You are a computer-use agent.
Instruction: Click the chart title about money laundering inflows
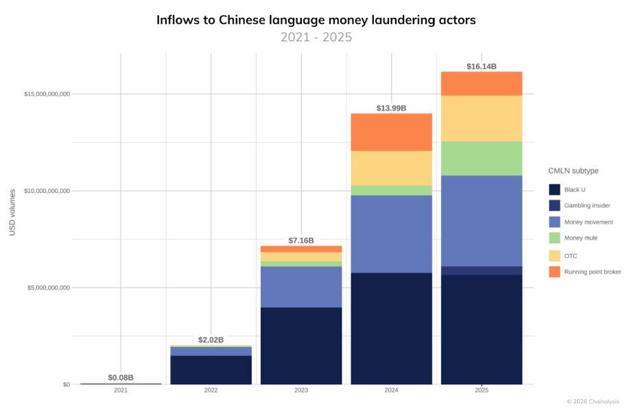(x=316, y=20)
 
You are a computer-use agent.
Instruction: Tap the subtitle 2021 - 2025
(x=316, y=37)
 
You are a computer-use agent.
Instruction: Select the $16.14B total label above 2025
(x=481, y=67)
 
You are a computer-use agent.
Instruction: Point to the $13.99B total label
(x=391, y=108)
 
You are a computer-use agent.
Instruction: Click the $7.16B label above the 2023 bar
(x=301, y=241)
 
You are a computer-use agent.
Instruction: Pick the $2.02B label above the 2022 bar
(x=211, y=340)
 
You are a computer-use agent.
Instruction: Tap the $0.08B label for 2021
(x=121, y=377)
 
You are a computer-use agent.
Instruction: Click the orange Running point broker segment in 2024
(x=391, y=132)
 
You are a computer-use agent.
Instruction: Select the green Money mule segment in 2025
(x=481, y=158)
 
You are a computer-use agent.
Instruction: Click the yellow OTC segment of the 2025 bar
(x=481, y=118)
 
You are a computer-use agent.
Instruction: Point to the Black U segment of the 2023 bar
(x=301, y=345)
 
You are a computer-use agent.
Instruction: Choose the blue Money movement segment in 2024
(x=391, y=234)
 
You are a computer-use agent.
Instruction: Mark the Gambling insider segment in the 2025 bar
(x=481, y=270)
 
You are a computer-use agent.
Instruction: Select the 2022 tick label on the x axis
(x=211, y=390)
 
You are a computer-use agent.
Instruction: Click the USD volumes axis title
(x=12, y=212)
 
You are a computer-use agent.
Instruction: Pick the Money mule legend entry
(x=580, y=238)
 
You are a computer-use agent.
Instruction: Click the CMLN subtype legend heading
(x=575, y=170)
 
